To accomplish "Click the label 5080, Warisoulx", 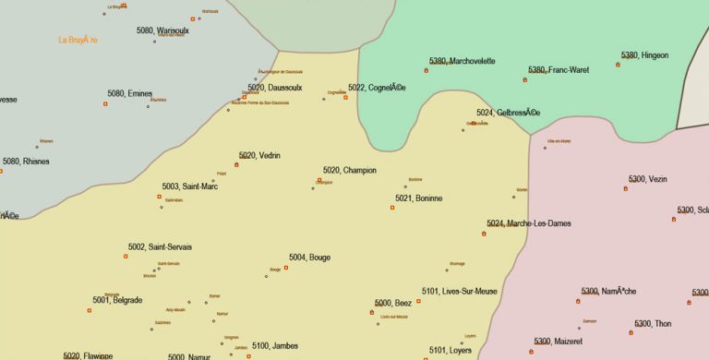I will [x=162, y=30].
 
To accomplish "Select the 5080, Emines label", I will [x=129, y=93].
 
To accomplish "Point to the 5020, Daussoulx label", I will [x=275, y=88].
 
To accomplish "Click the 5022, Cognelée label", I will [x=377, y=88].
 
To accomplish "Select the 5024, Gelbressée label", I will [x=508, y=113].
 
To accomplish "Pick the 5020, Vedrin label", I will [x=259, y=155].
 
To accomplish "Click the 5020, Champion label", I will [x=350, y=170].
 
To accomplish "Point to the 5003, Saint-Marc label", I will [x=190, y=186].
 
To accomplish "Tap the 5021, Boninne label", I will [x=419, y=198].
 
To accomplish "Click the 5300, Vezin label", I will [x=647, y=179].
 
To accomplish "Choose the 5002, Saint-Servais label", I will [x=160, y=247].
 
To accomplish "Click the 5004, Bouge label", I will [x=309, y=258].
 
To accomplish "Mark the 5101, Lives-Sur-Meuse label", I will [x=460, y=292].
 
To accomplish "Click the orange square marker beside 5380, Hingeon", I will [x=619, y=65].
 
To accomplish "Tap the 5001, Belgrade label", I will [x=117, y=300].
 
